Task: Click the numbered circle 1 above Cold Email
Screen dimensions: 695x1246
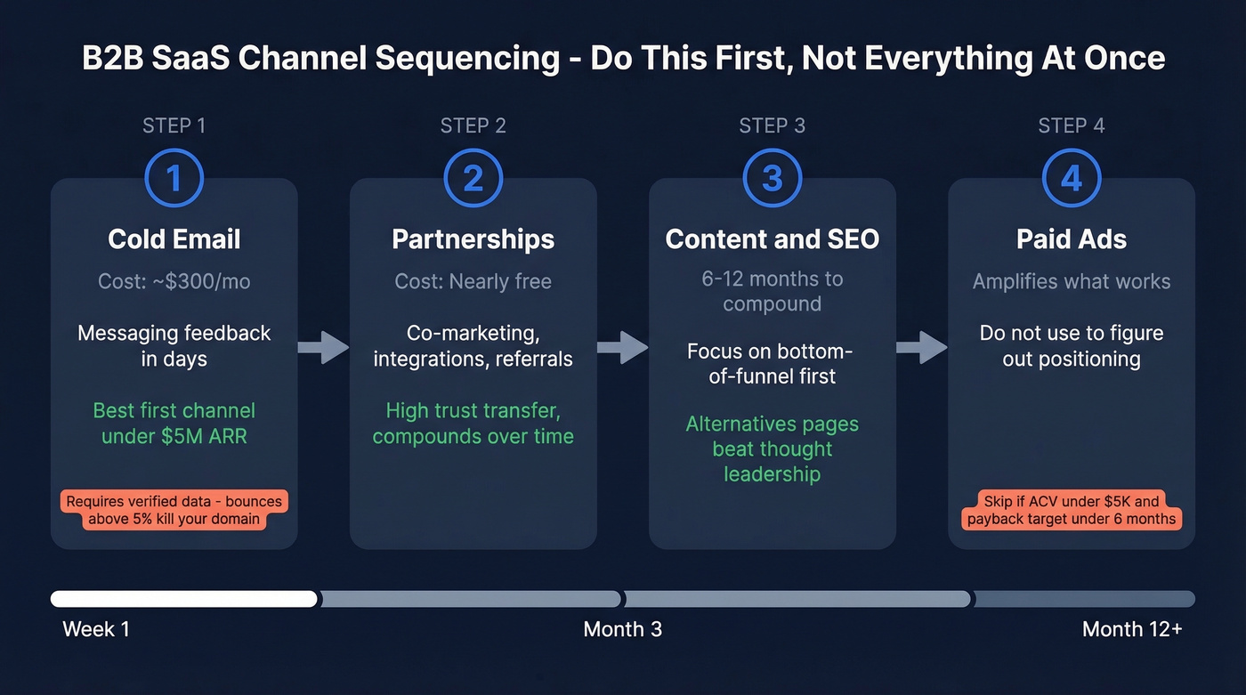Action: tap(174, 178)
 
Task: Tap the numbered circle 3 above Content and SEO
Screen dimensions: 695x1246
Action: tap(772, 178)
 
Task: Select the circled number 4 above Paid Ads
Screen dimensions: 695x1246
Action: tap(1071, 178)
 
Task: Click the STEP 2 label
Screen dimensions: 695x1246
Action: tap(473, 125)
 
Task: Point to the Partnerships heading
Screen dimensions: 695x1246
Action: tap(473, 239)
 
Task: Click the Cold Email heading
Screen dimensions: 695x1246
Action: tap(174, 239)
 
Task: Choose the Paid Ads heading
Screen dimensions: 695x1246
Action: tap(1071, 239)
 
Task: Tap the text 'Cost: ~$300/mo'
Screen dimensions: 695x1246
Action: tap(174, 282)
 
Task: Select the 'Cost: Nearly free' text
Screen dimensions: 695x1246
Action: tap(473, 282)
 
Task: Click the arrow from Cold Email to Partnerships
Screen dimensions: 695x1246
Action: tap(323, 347)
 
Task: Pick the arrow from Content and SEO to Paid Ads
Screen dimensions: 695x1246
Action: tap(921, 347)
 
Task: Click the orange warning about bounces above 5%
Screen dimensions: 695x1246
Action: tap(174, 510)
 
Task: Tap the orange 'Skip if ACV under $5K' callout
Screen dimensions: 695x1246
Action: tap(1072, 510)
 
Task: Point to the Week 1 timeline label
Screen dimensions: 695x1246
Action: tap(96, 629)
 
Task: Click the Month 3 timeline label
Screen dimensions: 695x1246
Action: tap(622, 629)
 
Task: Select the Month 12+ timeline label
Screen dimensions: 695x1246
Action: tap(1132, 629)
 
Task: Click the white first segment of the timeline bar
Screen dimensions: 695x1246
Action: tap(183, 599)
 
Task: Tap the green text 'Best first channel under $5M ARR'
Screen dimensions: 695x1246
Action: tap(174, 423)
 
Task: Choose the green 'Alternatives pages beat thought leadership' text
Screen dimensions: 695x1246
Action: tap(772, 449)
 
